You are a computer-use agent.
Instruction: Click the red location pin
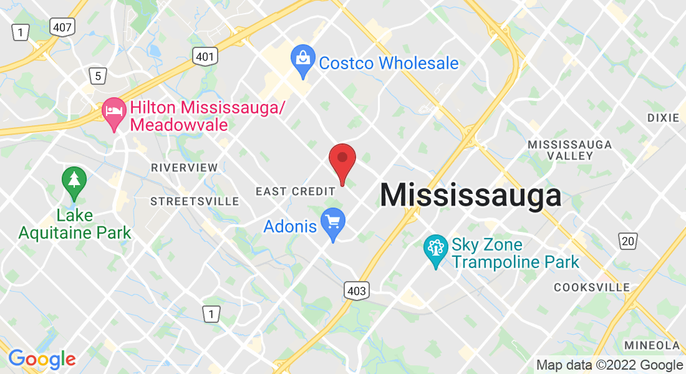pyautogui.click(x=342, y=161)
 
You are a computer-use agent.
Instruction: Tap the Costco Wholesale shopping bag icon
pyautogui.click(x=302, y=61)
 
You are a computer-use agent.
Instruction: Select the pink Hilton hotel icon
pyautogui.click(x=114, y=113)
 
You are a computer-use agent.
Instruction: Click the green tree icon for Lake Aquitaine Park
pyautogui.click(x=74, y=181)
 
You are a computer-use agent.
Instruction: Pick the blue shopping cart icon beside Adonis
pyautogui.click(x=333, y=223)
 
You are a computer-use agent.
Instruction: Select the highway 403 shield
pyautogui.click(x=355, y=289)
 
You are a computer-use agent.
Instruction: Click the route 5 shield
pyautogui.click(x=97, y=76)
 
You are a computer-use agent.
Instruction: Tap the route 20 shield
pyautogui.click(x=628, y=241)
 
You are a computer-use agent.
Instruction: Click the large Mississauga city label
pyautogui.click(x=471, y=195)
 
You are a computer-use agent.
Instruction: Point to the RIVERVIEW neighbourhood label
pyautogui.click(x=185, y=168)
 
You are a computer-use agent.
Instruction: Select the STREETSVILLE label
pyautogui.click(x=195, y=201)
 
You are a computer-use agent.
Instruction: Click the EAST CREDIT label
pyautogui.click(x=296, y=191)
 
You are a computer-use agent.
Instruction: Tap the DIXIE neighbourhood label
pyautogui.click(x=663, y=117)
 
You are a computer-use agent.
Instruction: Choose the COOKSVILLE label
pyautogui.click(x=592, y=287)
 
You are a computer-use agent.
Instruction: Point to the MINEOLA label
pyautogui.click(x=652, y=345)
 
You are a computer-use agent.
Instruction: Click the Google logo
pyautogui.click(x=42, y=359)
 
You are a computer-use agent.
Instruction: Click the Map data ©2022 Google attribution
pyautogui.click(x=610, y=365)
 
